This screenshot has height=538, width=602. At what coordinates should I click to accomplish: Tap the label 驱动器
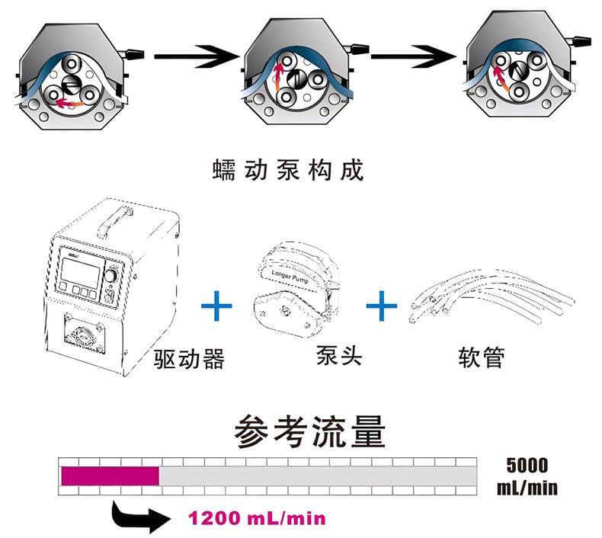click(189, 357)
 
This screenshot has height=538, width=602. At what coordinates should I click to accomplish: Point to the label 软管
click(482, 356)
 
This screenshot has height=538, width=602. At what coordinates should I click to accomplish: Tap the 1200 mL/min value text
click(257, 519)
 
